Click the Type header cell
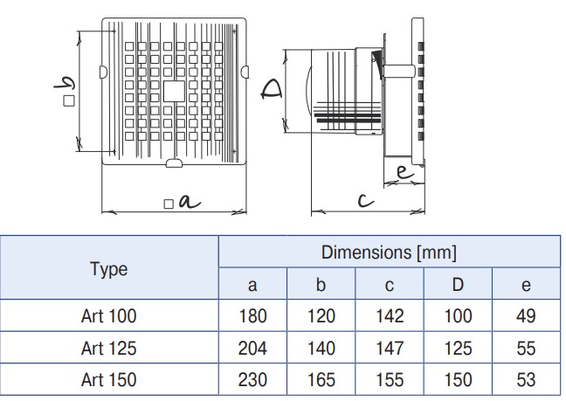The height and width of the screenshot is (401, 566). tap(108, 269)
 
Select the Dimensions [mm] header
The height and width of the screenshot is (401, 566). tap(389, 252)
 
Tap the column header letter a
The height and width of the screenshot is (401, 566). tap(252, 285)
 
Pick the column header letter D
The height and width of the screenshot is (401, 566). tap(458, 285)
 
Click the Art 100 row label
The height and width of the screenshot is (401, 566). tap(108, 316)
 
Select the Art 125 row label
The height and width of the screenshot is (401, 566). tap(108, 349)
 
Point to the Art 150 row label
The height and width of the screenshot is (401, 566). tap(108, 380)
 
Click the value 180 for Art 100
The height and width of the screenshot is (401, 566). tap(252, 316)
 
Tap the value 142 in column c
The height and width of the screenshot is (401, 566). tap(390, 316)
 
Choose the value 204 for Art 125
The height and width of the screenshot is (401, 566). tap(252, 349)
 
